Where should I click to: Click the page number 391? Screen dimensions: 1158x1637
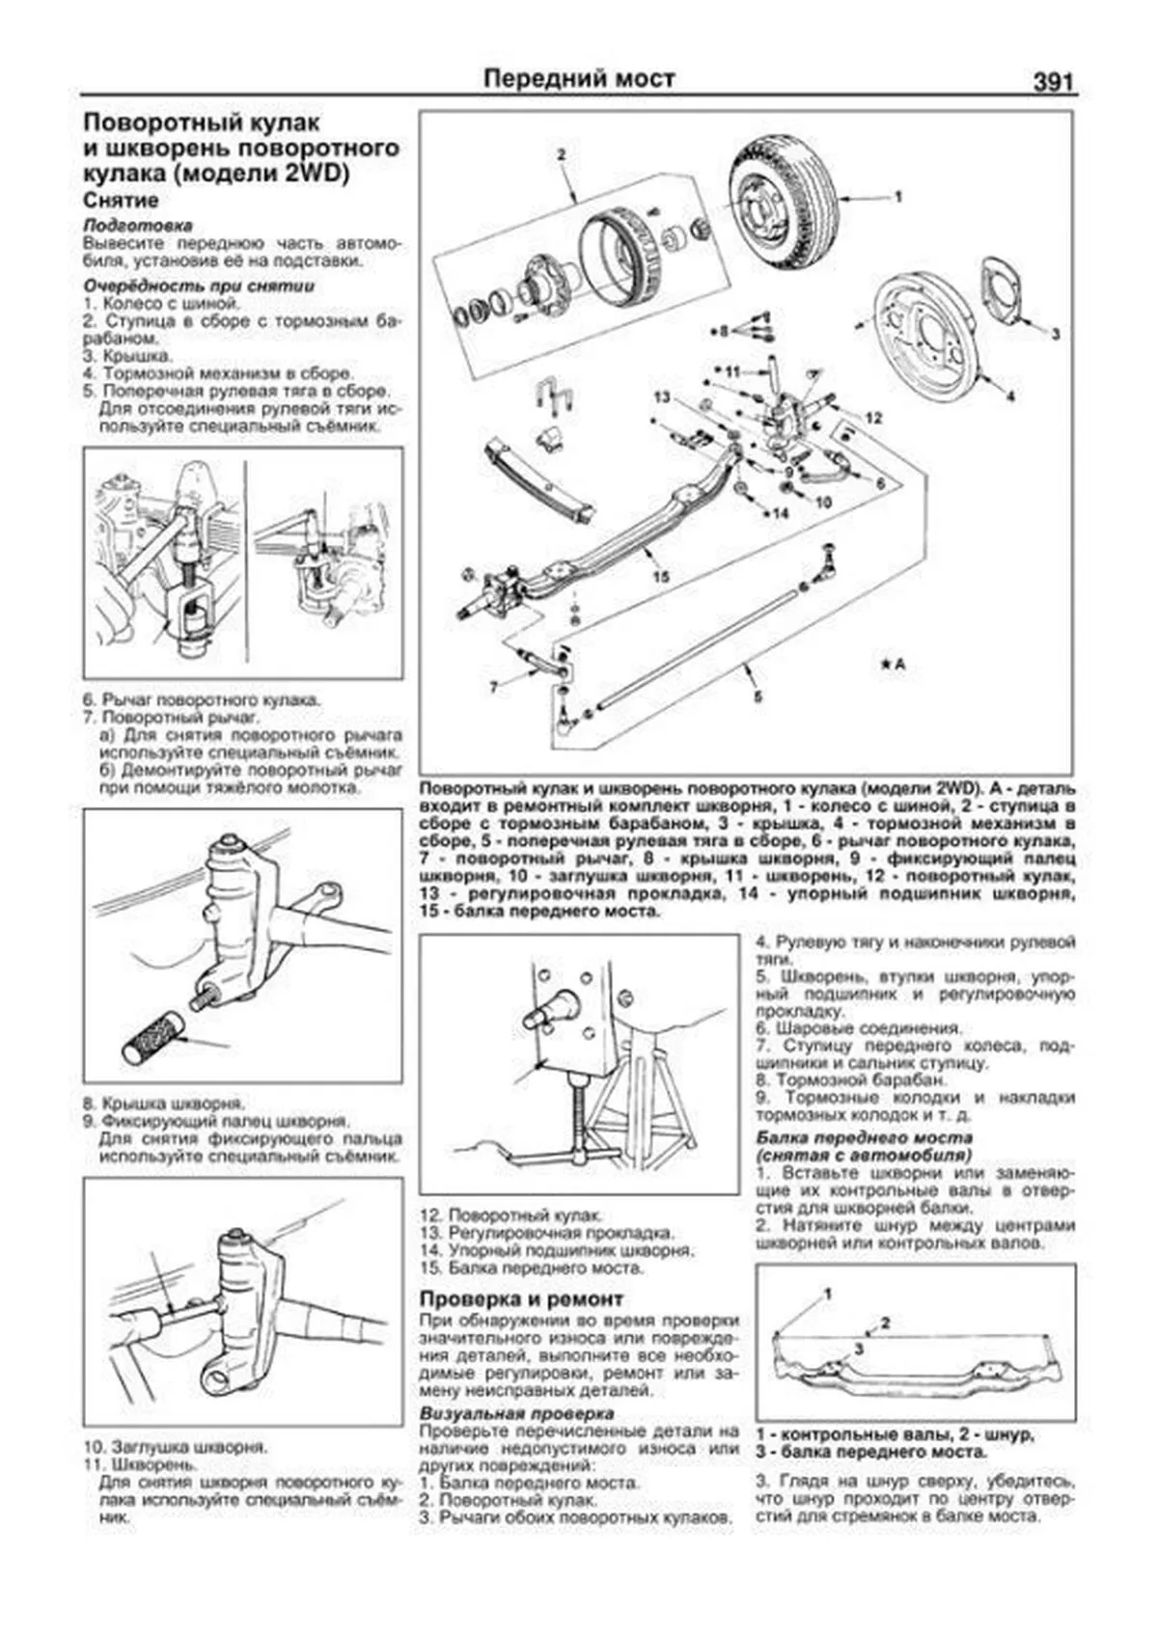pyautogui.click(x=1054, y=81)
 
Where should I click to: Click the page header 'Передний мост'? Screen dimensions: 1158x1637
pyautogui.click(x=579, y=78)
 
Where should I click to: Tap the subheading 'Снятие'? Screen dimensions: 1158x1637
pyautogui.click(x=121, y=200)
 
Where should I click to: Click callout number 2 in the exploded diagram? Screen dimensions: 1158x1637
pyautogui.click(x=561, y=154)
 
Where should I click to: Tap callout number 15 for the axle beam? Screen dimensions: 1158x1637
pyautogui.click(x=661, y=577)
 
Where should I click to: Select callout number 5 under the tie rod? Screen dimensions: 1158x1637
pyautogui.click(x=758, y=696)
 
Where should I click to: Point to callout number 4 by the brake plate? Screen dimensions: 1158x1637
pyautogui.click(x=1010, y=396)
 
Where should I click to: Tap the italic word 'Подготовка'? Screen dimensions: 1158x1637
pyautogui.click(x=138, y=226)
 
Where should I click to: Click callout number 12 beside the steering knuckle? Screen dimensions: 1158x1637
pyautogui.click(x=873, y=419)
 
